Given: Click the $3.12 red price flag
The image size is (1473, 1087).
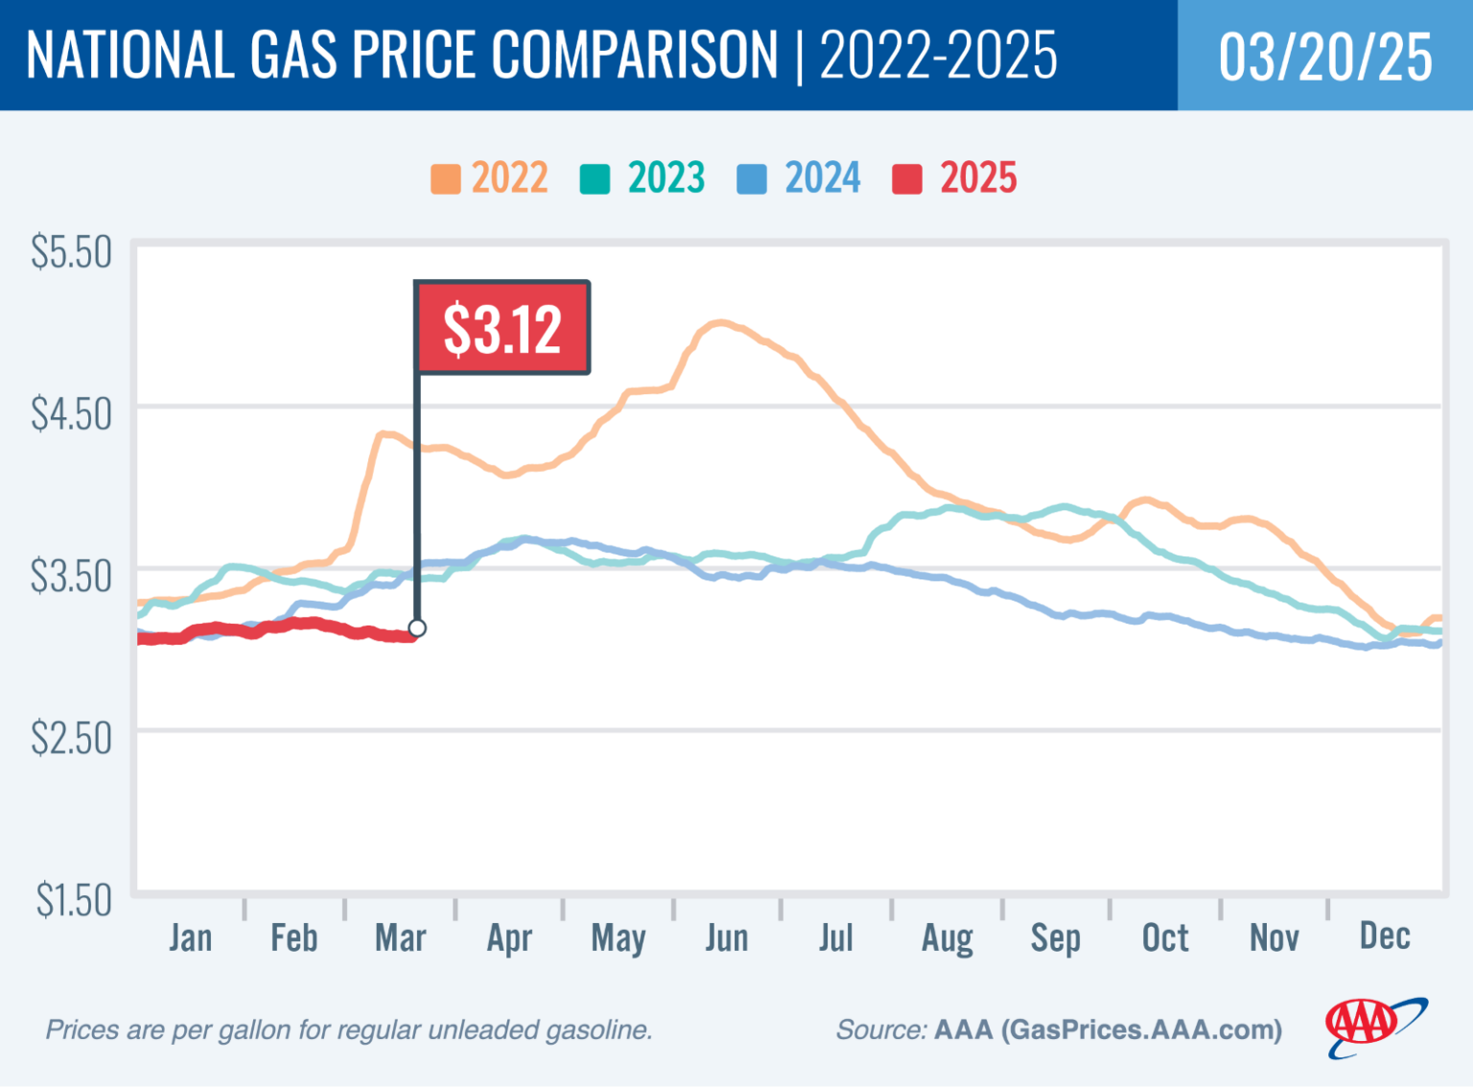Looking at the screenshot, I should pos(502,328).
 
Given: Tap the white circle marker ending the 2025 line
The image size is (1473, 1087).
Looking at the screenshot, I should pos(417,628).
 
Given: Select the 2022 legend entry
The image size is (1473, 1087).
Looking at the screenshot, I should pos(490,178).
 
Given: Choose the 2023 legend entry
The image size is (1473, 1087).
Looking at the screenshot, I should pos(643,178).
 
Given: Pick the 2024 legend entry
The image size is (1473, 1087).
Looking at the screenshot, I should pos(800,178).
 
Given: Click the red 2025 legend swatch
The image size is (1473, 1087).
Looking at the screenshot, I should pos(906,179).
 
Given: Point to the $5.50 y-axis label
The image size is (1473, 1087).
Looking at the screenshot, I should pos(71,252).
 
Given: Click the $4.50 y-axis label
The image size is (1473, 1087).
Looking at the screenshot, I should pos(71,414).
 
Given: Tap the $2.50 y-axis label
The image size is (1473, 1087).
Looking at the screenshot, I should pos(71,739).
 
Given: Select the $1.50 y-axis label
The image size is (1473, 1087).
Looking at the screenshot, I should pos(74,901).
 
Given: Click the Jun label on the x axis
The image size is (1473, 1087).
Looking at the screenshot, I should pos(727,938).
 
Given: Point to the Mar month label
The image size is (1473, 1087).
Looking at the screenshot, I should pos(400,938).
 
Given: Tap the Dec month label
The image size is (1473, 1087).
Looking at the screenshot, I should pos(1385,936).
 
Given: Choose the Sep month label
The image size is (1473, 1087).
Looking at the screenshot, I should pos(1055,938).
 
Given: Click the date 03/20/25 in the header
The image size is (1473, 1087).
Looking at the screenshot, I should pos(1325,57).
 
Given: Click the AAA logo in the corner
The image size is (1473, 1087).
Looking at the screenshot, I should pos(1374,1027).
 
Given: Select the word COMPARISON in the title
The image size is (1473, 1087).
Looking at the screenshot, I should pos(635,55).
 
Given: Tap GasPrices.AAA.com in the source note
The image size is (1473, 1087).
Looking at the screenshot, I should pos(1140,1030).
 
